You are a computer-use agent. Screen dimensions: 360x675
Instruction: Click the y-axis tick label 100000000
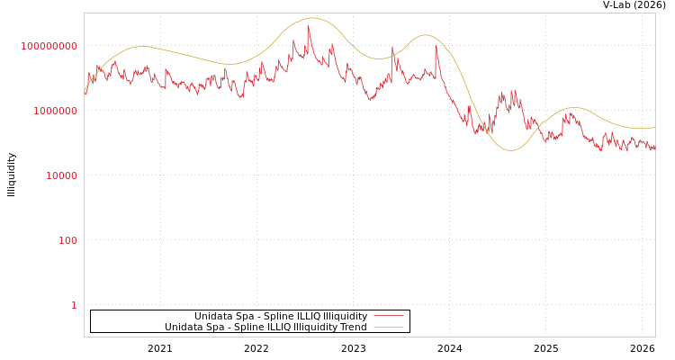(49, 46)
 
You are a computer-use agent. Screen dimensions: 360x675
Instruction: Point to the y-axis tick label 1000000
(56, 111)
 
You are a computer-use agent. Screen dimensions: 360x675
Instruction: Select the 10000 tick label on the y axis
(62, 175)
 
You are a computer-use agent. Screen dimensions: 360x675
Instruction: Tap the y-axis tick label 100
(68, 240)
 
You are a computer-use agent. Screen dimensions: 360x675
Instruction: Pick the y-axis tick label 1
(75, 305)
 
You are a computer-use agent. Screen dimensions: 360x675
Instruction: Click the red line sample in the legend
(388, 316)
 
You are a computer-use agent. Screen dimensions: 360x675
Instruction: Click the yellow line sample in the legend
(388, 327)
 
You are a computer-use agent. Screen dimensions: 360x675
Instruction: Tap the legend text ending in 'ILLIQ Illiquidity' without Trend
(281, 316)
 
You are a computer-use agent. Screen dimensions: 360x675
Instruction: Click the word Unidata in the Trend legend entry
(184, 327)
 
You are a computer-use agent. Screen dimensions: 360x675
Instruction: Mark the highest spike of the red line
(308, 25)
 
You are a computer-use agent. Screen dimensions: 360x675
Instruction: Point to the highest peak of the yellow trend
(311, 18)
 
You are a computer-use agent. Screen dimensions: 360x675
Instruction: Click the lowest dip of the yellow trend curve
(511, 149)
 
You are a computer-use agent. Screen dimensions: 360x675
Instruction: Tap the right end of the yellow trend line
(654, 128)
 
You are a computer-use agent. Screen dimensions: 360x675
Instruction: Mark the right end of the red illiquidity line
(654, 147)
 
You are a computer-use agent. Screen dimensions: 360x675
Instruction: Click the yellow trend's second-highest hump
(426, 35)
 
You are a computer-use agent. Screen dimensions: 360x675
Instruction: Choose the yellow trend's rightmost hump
(573, 108)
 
